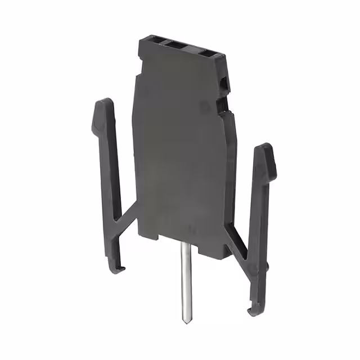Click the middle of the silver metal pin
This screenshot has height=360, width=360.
click(x=184, y=281)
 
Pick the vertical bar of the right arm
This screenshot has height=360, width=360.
click(x=260, y=225)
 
